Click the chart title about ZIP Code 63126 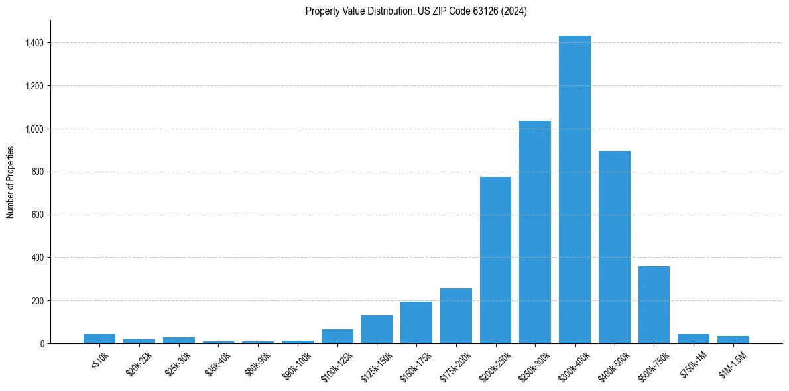416,11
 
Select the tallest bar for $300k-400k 575,190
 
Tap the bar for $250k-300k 535,232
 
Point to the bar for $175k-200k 456,315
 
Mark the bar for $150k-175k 416,322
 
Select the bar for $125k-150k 377,329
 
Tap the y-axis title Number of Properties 11,182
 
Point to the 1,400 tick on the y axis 35,43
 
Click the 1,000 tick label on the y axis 35,129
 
